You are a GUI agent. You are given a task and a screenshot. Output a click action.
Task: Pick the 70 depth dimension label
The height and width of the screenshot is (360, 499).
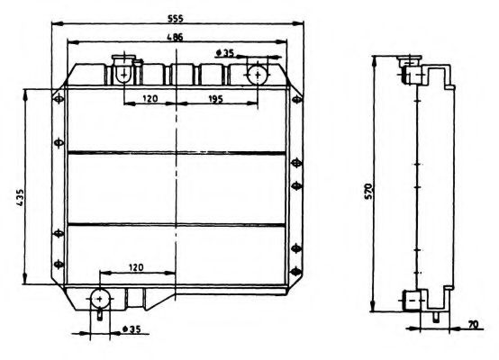pos(473,326)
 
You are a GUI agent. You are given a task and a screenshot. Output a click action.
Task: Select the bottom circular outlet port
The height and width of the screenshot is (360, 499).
pos(99,299)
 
